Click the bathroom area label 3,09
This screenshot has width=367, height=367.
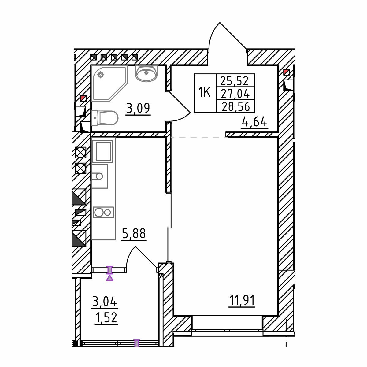[138, 108]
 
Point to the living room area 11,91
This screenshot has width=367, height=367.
[242, 300]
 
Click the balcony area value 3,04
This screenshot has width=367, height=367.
[105, 302]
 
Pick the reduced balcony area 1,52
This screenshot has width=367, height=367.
[106, 318]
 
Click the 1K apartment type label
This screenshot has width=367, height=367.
[205, 92]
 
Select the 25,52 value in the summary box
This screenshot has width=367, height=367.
[235, 81]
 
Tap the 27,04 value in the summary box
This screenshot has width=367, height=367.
[235, 94]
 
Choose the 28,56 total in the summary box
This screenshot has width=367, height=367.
[236, 106]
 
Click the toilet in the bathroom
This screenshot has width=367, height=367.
[105, 118]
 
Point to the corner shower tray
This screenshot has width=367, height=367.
[109, 83]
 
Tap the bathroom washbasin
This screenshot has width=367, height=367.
[146, 73]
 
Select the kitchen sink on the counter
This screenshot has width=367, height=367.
[99, 176]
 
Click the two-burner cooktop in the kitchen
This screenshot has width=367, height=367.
[103, 212]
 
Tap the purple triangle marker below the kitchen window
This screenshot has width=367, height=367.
[110, 278]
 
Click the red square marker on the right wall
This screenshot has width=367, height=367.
[287, 72]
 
